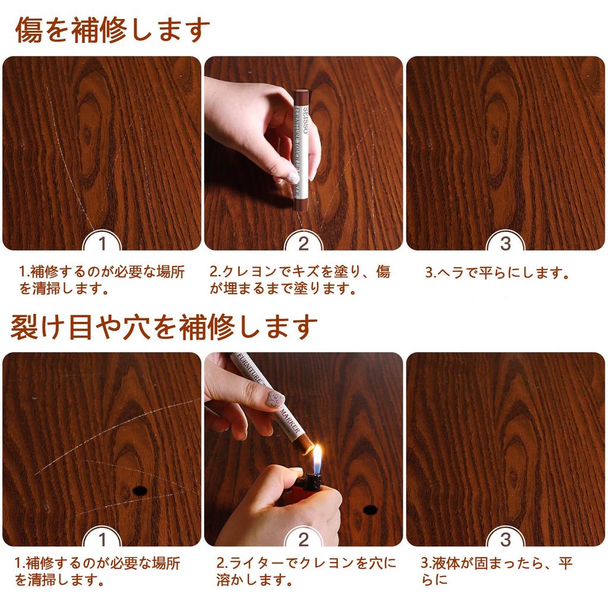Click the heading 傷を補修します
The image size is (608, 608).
point(112,30)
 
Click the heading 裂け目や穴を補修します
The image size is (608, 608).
point(164,327)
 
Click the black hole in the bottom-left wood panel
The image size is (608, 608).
point(140,490)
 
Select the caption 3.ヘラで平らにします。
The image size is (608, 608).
point(497,273)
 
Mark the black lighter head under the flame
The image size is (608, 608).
point(313,481)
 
